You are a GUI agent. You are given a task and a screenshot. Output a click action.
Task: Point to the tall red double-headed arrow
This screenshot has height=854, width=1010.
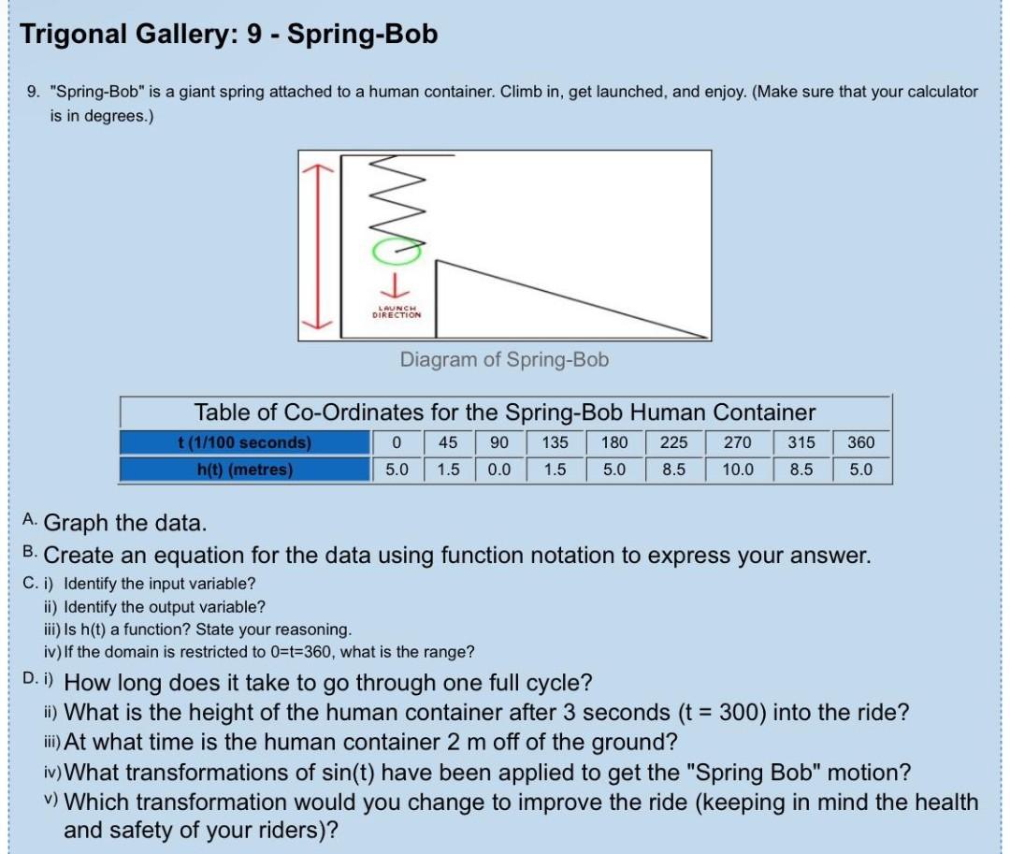[317, 246]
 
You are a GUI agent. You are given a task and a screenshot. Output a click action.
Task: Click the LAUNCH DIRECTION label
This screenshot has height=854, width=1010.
[397, 312]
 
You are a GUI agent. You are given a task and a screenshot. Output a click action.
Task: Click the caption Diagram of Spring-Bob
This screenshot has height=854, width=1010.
[504, 359]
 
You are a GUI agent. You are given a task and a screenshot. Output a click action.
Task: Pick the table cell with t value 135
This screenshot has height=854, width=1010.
[555, 442]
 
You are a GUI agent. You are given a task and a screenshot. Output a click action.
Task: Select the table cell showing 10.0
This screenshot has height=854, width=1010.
[737, 470]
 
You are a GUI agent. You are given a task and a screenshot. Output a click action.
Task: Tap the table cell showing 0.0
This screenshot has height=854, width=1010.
[499, 470]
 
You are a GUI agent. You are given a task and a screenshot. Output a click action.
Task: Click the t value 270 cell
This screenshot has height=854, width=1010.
[737, 442]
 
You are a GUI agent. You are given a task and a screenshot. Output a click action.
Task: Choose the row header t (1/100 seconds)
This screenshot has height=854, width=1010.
[244, 442]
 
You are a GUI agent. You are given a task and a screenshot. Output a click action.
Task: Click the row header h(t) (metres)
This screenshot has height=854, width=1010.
[244, 470]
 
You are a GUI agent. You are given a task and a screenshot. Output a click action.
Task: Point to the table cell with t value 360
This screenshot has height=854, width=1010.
[860, 442]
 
